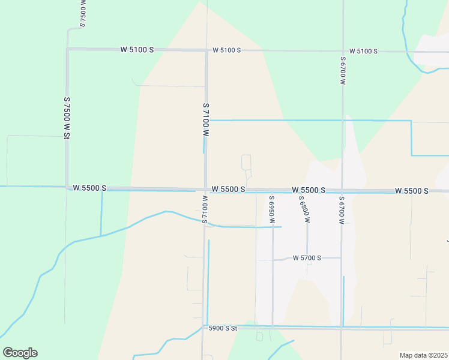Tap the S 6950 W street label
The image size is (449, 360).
click(x=272, y=209)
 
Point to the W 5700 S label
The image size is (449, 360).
click(x=307, y=258)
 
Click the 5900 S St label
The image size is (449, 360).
click(x=223, y=328)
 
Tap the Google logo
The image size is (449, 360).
click(x=20, y=353)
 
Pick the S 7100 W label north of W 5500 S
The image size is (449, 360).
click(x=206, y=123)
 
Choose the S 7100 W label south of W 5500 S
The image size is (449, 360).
click(x=205, y=209)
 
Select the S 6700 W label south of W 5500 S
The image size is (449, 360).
click(x=341, y=209)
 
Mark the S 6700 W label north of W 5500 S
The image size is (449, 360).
click(x=343, y=76)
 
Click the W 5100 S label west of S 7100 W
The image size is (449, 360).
click(x=137, y=49)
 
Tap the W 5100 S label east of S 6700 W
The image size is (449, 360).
click(x=363, y=51)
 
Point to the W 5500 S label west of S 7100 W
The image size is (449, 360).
click(x=89, y=188)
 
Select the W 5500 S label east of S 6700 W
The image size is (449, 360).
click(x=412, y=191)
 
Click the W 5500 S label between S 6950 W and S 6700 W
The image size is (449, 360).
click(x=309, y=190)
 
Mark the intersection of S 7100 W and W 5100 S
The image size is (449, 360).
click(x=206, y=50)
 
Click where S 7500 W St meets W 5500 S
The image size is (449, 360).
click(x=67, y=187)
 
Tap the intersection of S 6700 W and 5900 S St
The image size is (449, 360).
click(x=342, y=328)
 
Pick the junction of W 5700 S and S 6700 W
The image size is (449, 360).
click(x=341, y=258)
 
